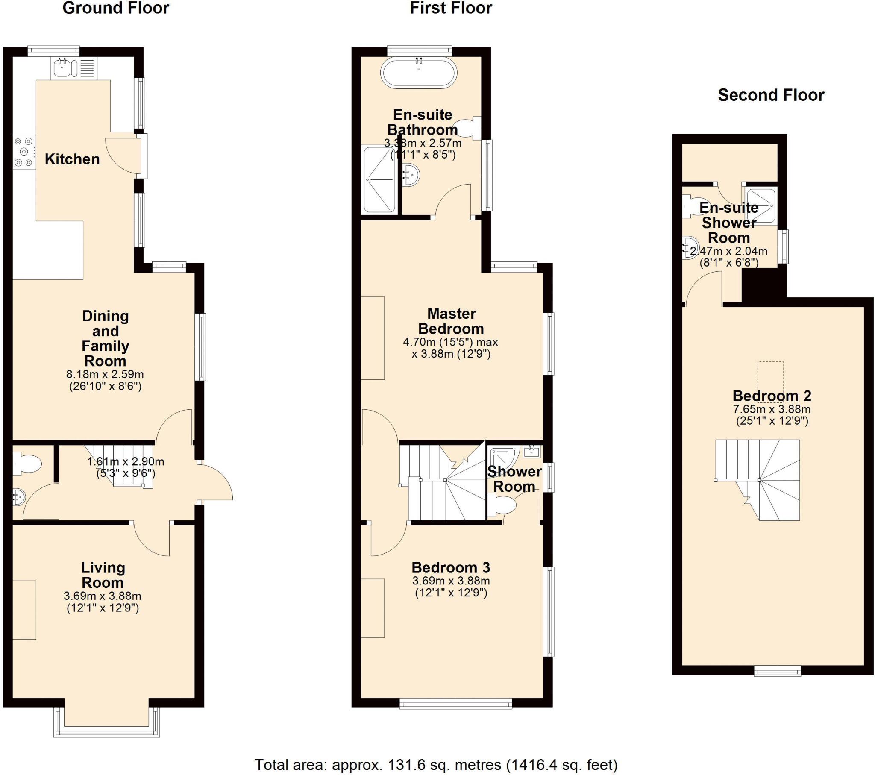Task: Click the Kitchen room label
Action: click(x=72, y=159)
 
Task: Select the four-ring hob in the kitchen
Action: click(x=24, y=152)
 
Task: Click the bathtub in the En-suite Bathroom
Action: click(x=419, y=73)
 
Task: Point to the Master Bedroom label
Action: click(x=451, y=321)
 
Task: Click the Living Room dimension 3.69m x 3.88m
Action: click(x=102, y=596)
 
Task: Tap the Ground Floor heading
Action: click(x=116, y=8)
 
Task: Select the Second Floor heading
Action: click(x=771, y=95)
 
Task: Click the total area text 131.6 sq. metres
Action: click(x=436, y=764)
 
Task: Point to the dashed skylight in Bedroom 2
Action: click(x=770, y=382)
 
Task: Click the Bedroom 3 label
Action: click(x=450, y=567)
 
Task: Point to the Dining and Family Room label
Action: click(x=105, y=338)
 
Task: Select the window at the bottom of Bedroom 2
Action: click(x=777, y=671)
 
